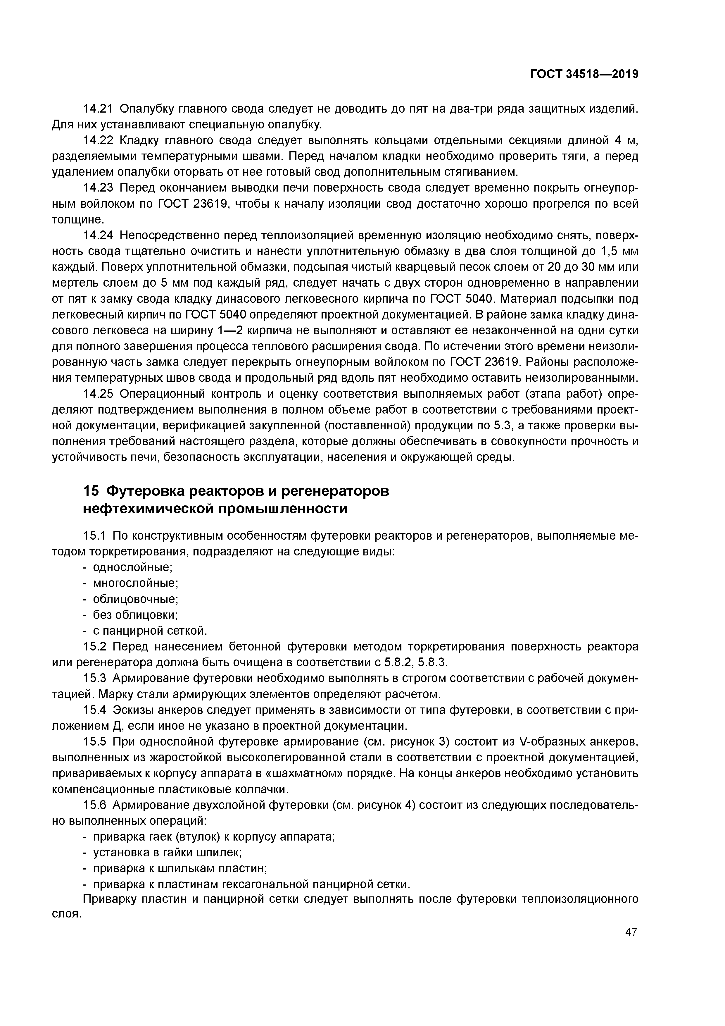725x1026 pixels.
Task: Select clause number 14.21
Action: pos(99,109)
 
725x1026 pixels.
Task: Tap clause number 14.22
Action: pos(99,140)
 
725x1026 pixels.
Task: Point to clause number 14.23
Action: pos(99,188)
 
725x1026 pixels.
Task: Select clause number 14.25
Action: pos(99,394)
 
